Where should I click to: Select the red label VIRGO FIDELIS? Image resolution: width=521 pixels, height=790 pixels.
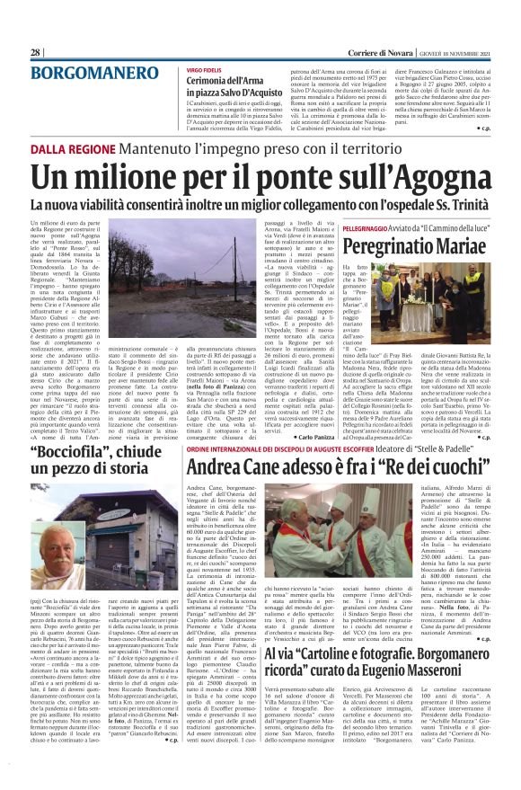click(x=205, y=69)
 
